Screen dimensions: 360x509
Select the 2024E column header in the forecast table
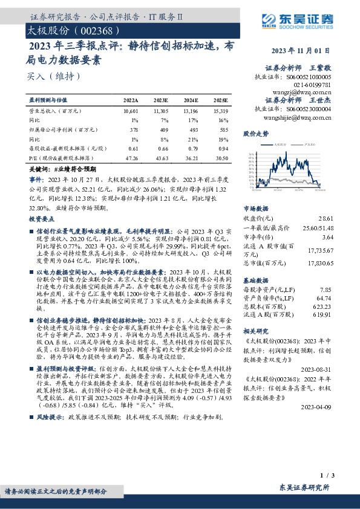[191, 100]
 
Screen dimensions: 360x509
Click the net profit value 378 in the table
[134, 129]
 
